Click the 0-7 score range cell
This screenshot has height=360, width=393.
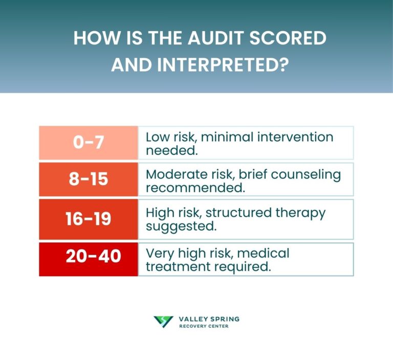88,143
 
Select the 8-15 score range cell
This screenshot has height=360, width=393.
88,179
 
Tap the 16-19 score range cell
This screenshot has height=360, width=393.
88,219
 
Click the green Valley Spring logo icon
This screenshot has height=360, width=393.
163,322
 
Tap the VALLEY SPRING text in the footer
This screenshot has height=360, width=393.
209,319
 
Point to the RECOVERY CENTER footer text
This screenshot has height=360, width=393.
204,326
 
